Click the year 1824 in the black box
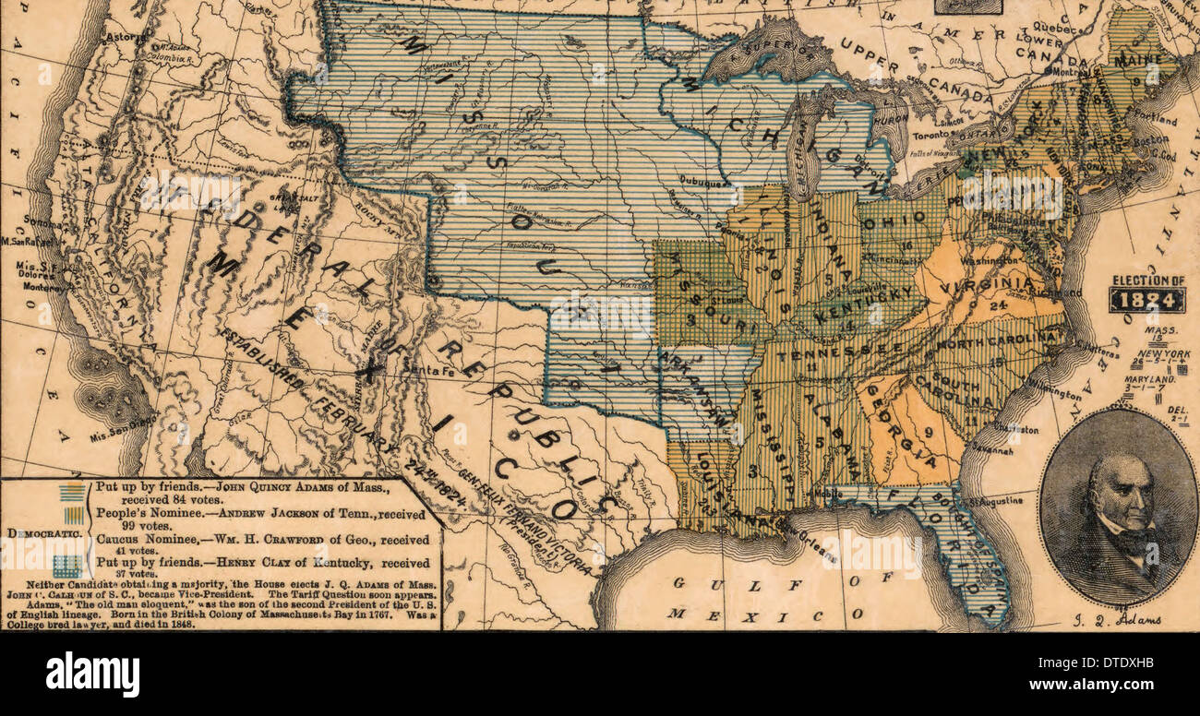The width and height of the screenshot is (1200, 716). [x=1146, y=299]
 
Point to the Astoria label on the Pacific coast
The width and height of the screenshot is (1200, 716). [x=120, y=37]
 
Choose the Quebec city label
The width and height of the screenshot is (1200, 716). [x=1054, y=27]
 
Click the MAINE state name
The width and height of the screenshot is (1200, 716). [x=1137, y=60]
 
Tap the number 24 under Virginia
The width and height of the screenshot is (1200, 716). [x=997, y=305]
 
